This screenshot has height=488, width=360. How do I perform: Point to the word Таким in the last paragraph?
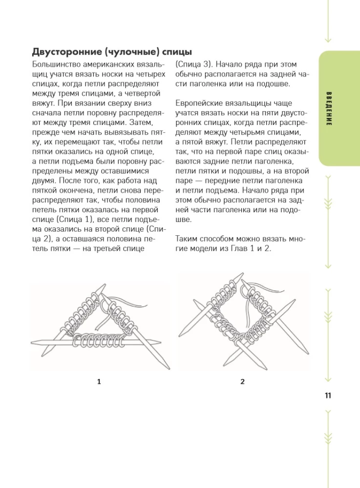coord(186,239)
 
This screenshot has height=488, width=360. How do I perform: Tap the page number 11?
coord(328,395)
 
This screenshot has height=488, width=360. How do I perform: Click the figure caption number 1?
coord(100,382)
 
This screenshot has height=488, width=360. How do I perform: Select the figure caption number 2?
coord(242,382)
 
